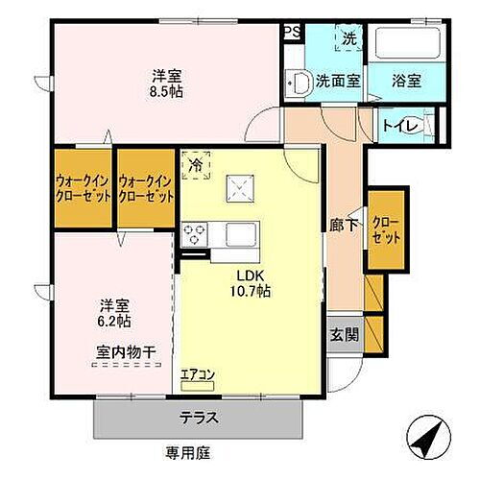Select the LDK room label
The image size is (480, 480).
coord(239,271)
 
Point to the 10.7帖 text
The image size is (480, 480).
coord(249,289)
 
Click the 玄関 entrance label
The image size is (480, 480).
coord(346,335)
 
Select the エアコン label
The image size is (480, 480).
coord(196,373)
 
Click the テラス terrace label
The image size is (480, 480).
coord(199,417)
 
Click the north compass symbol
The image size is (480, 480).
coord(429,441)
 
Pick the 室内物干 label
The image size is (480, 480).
coord(126,352)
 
